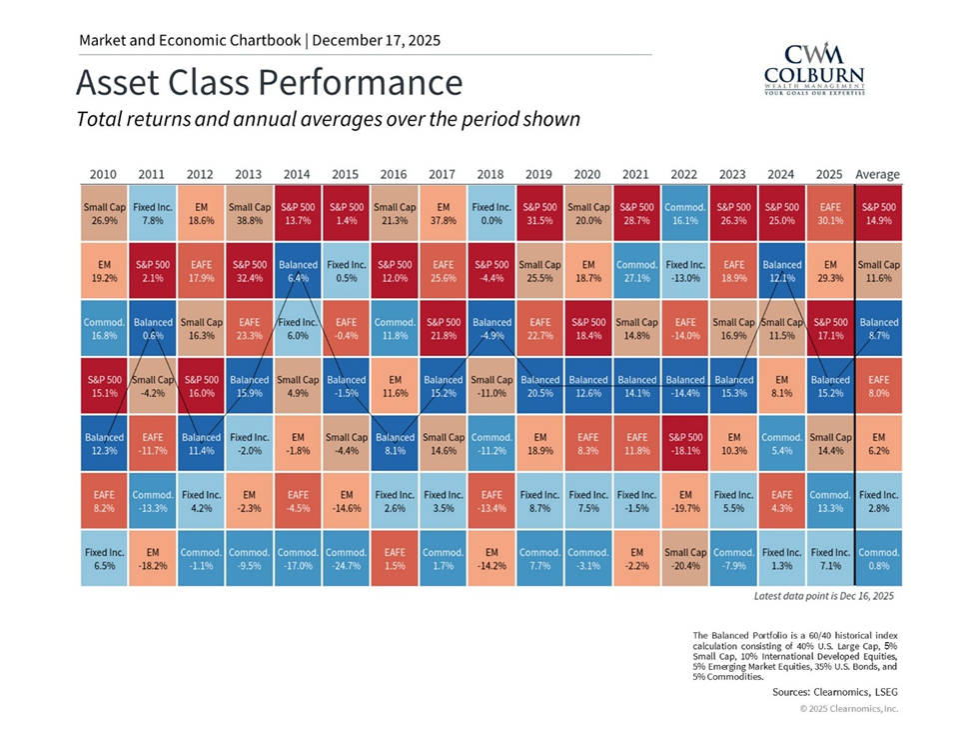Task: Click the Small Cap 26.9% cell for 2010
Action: [x=103, y=212]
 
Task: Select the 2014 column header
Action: [x=297, y=174]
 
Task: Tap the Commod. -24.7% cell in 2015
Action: [x=346, y=558]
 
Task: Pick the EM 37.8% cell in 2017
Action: [x=443, y=212]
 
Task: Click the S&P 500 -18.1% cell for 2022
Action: [x=684, y=444]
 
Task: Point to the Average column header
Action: [x=878, y=174]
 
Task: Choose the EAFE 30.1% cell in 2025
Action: [x=830, y=212]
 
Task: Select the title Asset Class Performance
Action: [x=269, y=81]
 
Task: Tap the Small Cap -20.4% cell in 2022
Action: [x=684, y=558]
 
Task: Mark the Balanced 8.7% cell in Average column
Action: [x=879, y=329]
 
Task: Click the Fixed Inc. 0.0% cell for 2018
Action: [x=490, y=212]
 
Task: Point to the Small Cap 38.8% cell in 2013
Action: [x=249, y=212]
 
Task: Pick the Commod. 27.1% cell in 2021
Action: [x=636, y=271]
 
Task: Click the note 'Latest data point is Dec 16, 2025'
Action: [x=823, y=595]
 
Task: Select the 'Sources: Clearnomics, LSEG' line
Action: [x=835, y=691]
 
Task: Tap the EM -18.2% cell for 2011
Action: [x=152, y=558]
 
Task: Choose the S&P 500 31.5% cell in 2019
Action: [x=539, y=212]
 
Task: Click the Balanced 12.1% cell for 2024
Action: [x=782, y=271]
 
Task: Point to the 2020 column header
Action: [x=587, y=174]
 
